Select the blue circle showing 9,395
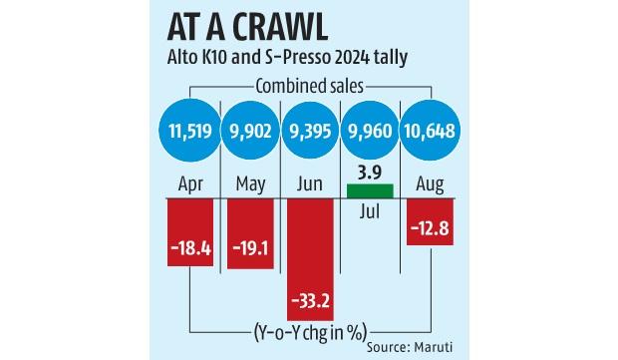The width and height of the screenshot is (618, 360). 312,132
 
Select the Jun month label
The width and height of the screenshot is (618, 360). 312,184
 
